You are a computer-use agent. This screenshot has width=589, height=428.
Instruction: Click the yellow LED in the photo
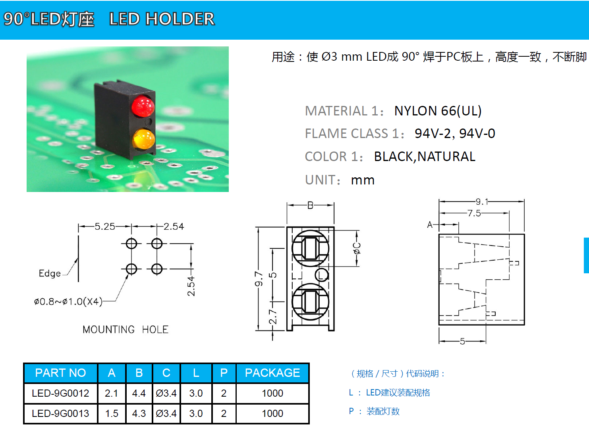143,139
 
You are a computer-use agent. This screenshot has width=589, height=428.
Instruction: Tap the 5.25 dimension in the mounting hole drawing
104,226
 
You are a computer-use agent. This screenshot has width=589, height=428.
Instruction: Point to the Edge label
50,273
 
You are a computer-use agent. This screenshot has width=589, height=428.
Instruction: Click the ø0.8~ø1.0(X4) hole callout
68,302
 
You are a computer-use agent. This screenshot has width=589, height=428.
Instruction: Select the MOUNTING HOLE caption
125,330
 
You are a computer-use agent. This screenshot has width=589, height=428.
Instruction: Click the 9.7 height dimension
259,279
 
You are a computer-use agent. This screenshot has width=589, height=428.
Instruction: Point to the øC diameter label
357,248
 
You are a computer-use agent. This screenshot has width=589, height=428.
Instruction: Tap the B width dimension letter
310,205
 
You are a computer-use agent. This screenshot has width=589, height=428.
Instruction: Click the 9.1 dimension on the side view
482,202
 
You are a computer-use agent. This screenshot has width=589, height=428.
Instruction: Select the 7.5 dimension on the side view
474,213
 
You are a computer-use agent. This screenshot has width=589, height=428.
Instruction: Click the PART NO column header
60,373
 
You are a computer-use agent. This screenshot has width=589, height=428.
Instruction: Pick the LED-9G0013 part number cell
60,413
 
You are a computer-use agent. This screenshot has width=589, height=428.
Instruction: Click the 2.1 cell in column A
111,393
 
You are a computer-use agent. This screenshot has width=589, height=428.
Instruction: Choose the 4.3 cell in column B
139,413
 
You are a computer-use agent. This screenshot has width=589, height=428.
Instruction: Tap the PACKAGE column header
272,373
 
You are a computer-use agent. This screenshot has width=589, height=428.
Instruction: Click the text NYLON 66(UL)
437,111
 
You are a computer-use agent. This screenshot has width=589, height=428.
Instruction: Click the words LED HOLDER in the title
162,19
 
